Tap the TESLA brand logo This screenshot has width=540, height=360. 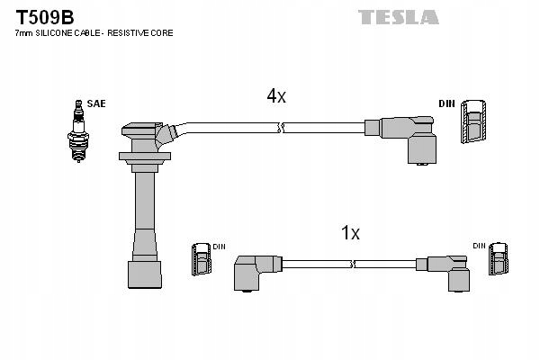pyautogui.click(x=398, y=17)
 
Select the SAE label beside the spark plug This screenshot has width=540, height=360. pyautogui.click(x=96, y=103)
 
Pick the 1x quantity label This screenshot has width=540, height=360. pyautogui.click(x=350, y=233)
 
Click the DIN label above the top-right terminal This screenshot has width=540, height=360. pyautogui.click(x=446, y=103)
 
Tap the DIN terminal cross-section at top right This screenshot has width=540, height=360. pyautogui.click(x=474, y=121)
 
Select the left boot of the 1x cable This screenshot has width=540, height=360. pyautogui.click(x=255, y=270)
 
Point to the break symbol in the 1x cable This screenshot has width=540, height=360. pyautogui.click(x=353, y=265)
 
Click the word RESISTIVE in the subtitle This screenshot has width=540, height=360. pyautogui.click(x=130, y=33)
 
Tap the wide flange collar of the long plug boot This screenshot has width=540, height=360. pyautogui.click(x=144, y=158)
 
